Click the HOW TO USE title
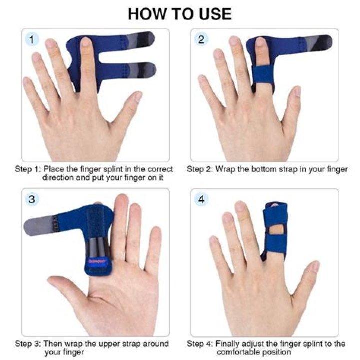coord(180,13)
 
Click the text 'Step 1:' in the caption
coord(28,169)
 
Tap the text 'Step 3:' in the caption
coord(28,344)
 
